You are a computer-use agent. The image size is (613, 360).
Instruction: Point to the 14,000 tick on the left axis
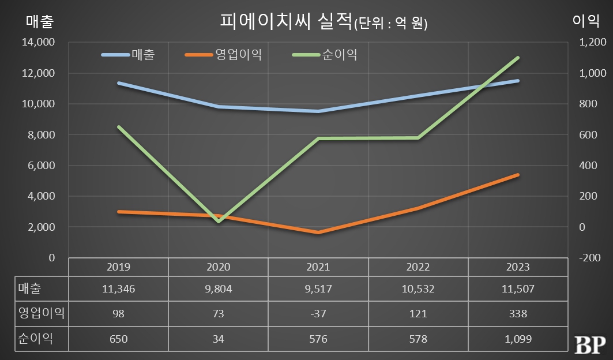coord(39,42)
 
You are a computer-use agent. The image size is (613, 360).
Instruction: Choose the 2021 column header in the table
coord(318,267)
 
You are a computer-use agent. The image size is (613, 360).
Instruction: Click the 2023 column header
coord(517,267)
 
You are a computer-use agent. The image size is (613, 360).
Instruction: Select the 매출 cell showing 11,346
coord(118,289)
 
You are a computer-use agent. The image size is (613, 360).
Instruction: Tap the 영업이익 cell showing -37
coord(318,314)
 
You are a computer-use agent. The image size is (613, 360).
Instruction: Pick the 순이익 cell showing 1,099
coord(517,339)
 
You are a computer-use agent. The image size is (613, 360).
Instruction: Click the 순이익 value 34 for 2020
coord(218,339)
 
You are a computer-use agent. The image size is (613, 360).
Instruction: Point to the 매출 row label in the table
coord(31,289)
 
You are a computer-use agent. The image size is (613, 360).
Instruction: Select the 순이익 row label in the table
coord(36,339)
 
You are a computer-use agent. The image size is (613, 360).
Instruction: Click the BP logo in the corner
coord(589,344)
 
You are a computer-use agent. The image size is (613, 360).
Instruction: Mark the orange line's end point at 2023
coord(517,175)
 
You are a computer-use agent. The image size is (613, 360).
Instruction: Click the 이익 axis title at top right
coord(584,21)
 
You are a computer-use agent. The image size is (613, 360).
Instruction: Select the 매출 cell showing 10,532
coord(418,289)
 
